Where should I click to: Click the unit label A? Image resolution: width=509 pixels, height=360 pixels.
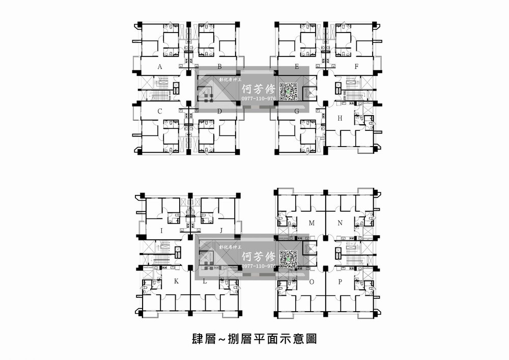160,67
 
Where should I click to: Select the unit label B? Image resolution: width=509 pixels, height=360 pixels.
219,67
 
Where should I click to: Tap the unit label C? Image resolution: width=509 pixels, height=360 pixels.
160,111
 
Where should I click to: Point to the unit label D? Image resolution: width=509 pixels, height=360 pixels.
219,111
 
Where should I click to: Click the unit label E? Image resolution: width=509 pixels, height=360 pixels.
297,67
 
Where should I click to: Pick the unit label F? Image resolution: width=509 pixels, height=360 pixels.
357,67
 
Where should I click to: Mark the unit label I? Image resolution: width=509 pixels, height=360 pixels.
161,231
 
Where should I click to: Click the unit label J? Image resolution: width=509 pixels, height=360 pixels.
221,231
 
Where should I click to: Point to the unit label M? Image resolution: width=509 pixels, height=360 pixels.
312,223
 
